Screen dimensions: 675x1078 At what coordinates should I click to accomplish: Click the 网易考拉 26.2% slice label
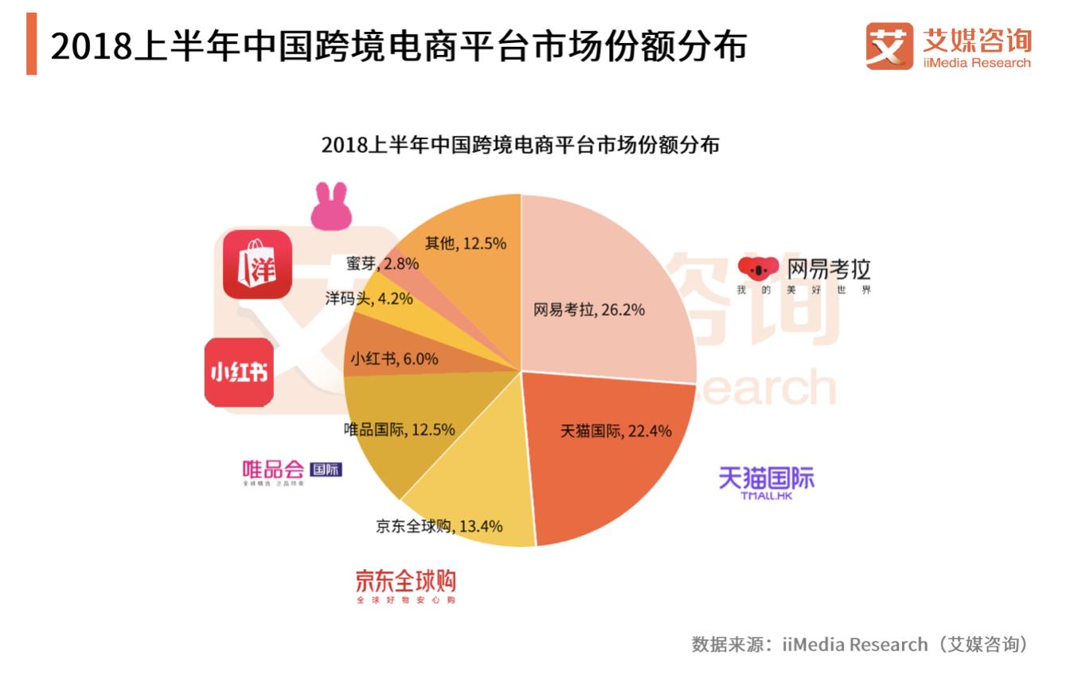pos(588,310)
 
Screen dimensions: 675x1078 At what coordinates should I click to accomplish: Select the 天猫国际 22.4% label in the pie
pos(615,431)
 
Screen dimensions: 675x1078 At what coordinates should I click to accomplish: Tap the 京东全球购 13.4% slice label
pos(439,526)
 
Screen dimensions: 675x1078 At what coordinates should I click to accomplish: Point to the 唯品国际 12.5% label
pos(399,430)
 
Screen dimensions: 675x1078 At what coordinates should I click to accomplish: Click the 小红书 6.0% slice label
pos(394,359)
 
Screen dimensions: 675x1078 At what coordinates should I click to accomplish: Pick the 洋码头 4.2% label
pos(369,299)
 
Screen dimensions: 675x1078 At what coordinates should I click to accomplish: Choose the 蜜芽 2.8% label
pos(382,263)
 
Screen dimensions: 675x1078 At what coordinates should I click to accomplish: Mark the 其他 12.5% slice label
pos(465,244)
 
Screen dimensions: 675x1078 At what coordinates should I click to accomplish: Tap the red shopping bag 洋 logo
pos(257,264)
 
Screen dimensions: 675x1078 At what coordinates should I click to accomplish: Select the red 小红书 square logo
pos(239,372)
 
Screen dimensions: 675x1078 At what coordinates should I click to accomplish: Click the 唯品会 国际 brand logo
pos(291,471)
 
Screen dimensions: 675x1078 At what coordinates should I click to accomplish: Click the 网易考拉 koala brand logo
pos(804,275)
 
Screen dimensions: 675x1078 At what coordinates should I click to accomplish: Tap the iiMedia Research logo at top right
pos(948,47)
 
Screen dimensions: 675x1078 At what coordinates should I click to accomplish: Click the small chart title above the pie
pos(520,146)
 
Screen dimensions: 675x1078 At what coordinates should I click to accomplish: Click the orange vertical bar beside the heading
pos(32,46)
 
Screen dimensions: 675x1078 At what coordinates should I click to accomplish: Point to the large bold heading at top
pos(398,48)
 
